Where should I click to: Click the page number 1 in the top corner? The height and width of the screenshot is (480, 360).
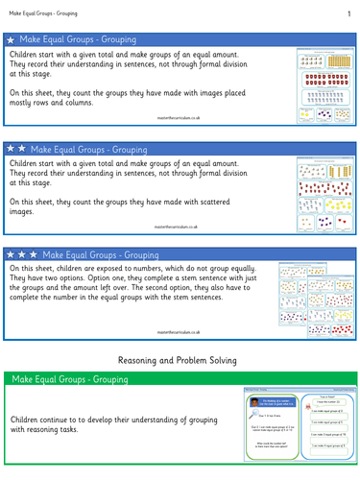click(x=347, y=12)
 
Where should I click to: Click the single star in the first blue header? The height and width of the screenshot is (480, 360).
click(x=11, y=40)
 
